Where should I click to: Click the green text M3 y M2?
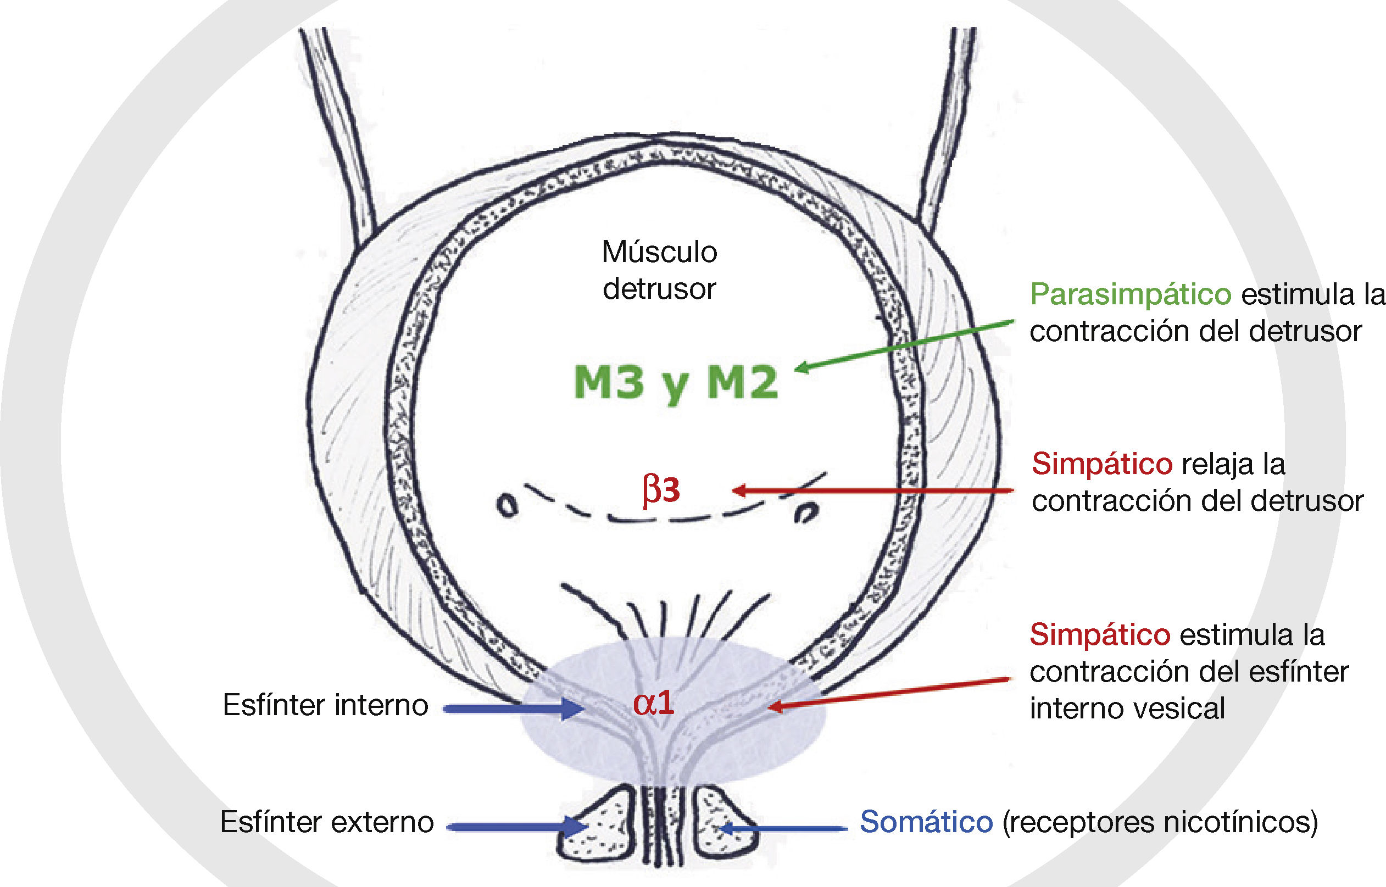676,382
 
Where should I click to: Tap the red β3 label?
661,490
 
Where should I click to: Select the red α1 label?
653,702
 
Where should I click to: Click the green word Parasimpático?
1130,294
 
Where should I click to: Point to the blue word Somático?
926,822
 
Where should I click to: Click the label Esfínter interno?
325,706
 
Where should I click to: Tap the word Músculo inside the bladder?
659,252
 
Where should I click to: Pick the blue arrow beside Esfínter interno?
513,709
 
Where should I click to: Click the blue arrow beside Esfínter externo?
516,827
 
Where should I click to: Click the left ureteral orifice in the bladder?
506,506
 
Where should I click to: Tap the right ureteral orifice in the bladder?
806,511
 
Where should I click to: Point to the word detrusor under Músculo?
659,288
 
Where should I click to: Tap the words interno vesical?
1127,709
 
